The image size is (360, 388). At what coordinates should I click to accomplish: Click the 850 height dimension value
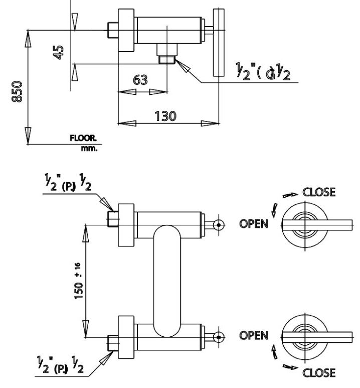[17, 91]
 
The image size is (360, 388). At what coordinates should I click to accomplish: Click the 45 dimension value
[59, 52]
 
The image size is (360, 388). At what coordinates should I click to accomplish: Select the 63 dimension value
[141, 80]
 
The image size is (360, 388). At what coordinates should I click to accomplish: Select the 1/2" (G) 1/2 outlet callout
[263, 72]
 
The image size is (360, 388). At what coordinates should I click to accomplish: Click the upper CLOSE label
[319, 192]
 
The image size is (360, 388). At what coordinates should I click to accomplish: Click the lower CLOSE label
[319, 372]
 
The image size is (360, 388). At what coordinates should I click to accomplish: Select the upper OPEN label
[254, 224]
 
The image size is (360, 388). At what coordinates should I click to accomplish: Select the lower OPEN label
[254, 335]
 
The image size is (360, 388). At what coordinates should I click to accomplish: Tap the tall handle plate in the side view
[219, 43]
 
